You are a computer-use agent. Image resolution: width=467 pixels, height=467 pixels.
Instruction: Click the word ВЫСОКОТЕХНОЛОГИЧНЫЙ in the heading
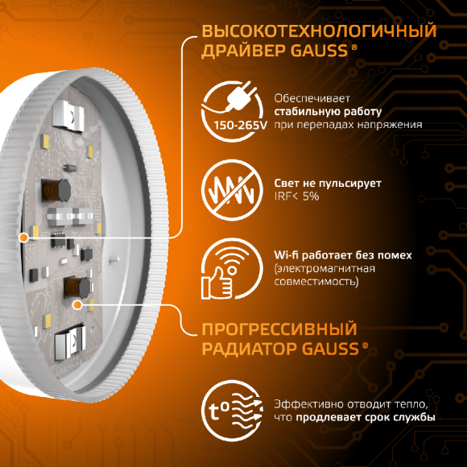pos(319,31)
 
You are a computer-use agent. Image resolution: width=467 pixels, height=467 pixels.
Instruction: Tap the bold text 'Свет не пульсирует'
pos(328,184)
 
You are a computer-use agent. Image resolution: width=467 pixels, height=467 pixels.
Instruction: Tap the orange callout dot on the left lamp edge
pos(24,238)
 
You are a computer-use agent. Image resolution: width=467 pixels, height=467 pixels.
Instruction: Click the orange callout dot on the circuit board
pos(77,304)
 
